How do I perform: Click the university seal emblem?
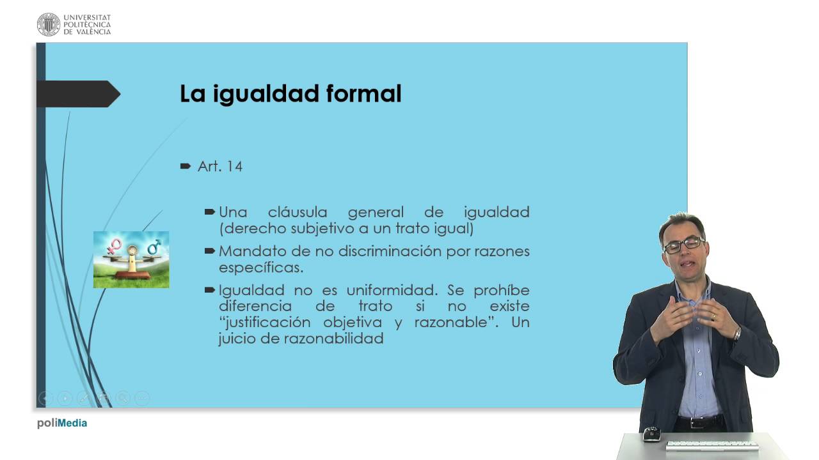pos(48,24)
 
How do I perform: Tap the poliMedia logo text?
pos(62,423)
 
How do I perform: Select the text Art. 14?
pos(220,167)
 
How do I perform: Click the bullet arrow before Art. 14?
pos(186,167)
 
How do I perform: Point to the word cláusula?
pos(298,212)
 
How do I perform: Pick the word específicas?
pos(261,268)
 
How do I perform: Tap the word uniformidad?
pos(392,290)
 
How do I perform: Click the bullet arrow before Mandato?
pos(209,251)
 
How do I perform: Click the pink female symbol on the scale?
pos(114,247)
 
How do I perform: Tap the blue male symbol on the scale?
pos(154,247)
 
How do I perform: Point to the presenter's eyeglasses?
pos(684,245)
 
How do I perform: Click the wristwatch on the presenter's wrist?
pos(737,333)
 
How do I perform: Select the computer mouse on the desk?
pos(651,434)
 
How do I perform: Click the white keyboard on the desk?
pos(712,445)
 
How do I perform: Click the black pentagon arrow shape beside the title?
pos(78,94)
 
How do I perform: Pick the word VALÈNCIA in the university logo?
pos(93,32)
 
